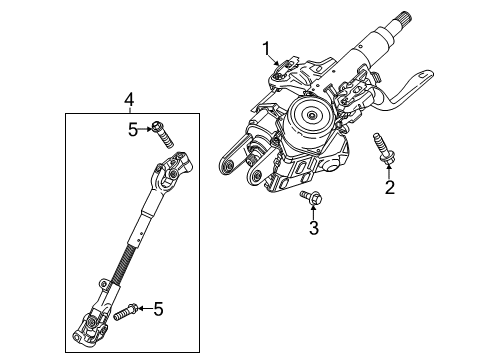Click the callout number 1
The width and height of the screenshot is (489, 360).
pos(267,46)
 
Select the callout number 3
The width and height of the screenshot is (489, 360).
pos(312,231)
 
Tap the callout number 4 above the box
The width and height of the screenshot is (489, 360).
pos(128,99)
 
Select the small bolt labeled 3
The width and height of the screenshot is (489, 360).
pos(309,201)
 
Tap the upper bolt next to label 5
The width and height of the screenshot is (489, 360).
pos(159,131)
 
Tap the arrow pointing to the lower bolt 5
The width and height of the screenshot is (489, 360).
pos(144,311)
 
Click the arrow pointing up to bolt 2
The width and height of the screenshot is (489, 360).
pos(390,173)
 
